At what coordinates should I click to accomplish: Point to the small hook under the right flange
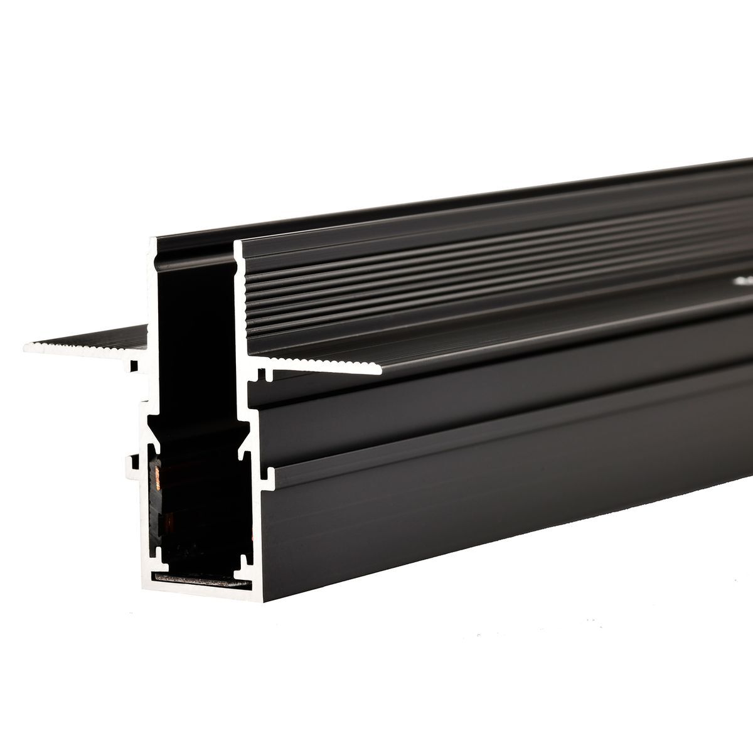point(260,375)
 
